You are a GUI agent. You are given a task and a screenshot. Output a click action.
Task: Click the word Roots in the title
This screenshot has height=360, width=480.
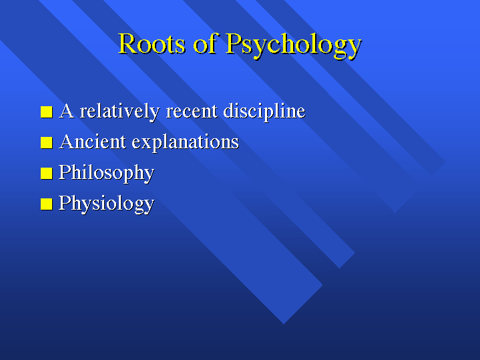pos(152,43)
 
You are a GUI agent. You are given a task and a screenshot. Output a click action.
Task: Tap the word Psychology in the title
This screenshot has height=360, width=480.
pos(294,45)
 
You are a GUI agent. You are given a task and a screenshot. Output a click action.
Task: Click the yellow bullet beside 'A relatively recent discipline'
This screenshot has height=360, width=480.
pos(47,112)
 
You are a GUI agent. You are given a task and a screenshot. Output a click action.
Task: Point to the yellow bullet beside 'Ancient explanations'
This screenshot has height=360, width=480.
pos(47,142)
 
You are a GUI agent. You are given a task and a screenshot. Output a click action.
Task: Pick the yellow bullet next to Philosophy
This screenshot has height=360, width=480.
pos(47,173)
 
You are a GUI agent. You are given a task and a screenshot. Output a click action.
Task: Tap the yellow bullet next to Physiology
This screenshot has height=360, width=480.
pos(47,204)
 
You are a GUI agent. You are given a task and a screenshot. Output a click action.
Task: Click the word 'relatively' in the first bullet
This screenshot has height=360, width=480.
pos(119,112)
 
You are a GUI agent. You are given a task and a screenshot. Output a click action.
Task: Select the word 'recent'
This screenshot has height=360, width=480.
pos(192,112)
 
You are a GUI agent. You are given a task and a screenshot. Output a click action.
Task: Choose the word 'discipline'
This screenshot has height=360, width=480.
pos(264,112)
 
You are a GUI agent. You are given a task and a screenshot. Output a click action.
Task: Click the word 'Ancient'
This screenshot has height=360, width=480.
pos(92,142)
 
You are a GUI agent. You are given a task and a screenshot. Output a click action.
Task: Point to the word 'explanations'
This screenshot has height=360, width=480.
pos(186,143)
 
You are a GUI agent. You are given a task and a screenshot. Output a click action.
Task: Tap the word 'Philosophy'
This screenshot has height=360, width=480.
pos(107,174)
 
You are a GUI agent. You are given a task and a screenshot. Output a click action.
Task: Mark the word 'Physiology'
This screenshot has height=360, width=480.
pos(107,204)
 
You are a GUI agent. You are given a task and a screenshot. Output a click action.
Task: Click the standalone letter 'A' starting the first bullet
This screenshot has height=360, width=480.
pos(67,111)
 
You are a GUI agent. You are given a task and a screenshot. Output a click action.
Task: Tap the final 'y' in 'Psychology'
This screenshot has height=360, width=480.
pos(354,49)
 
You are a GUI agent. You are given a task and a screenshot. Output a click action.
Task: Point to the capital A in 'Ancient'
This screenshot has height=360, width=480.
pos(67,142)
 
